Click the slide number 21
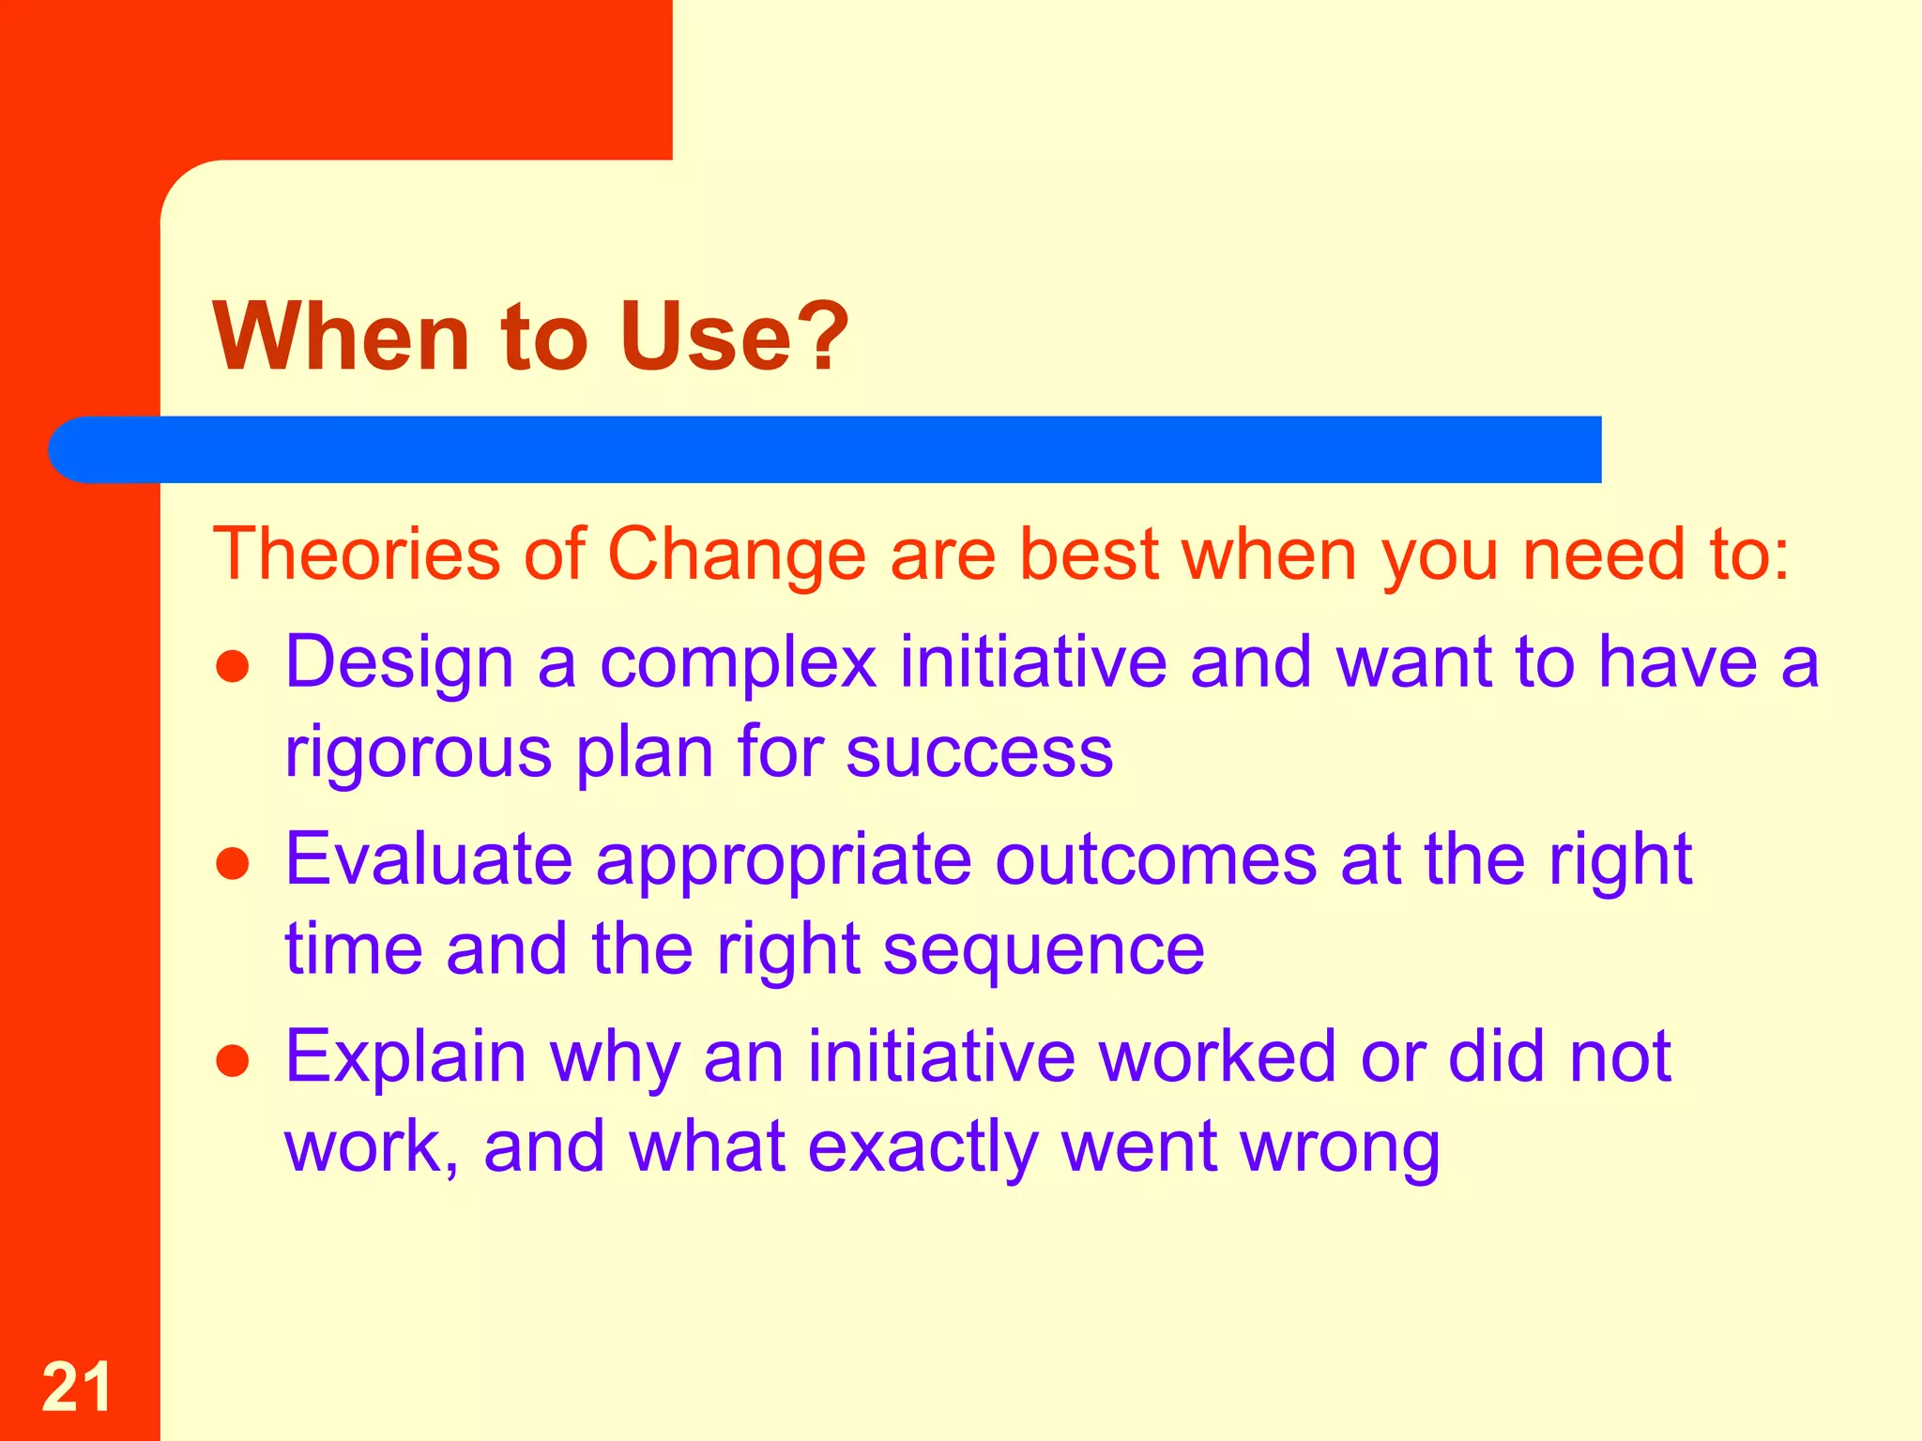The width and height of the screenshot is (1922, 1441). (76, 1387)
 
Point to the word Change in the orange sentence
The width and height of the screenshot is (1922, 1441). (737, 555)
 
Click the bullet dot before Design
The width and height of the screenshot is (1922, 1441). (232, 667)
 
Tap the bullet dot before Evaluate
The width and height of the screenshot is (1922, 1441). (232, 864)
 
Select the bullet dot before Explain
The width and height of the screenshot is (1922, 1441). (232, 1061)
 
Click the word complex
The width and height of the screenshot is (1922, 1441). (738, 664)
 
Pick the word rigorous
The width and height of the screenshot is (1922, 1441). (418, 752)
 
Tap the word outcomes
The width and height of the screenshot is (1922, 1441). (1155, 859)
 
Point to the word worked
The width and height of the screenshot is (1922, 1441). (1216, 1056)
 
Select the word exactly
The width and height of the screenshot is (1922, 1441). (923, 1148)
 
